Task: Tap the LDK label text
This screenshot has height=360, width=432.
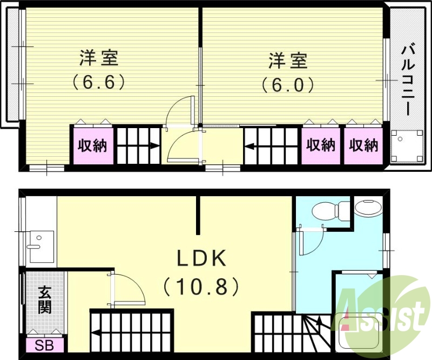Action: (x=201, y=259)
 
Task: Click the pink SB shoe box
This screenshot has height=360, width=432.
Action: (x=45, y=344)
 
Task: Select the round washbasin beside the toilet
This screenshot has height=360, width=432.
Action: (x=368, y=208)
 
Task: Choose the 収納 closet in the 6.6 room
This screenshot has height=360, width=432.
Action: (x=92, y=145)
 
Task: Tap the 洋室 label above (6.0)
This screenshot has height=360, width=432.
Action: (x=288, y=60)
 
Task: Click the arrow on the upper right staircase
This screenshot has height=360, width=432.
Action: (x=249, y=145)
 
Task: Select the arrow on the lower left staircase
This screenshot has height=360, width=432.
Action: (x=96, y=334)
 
